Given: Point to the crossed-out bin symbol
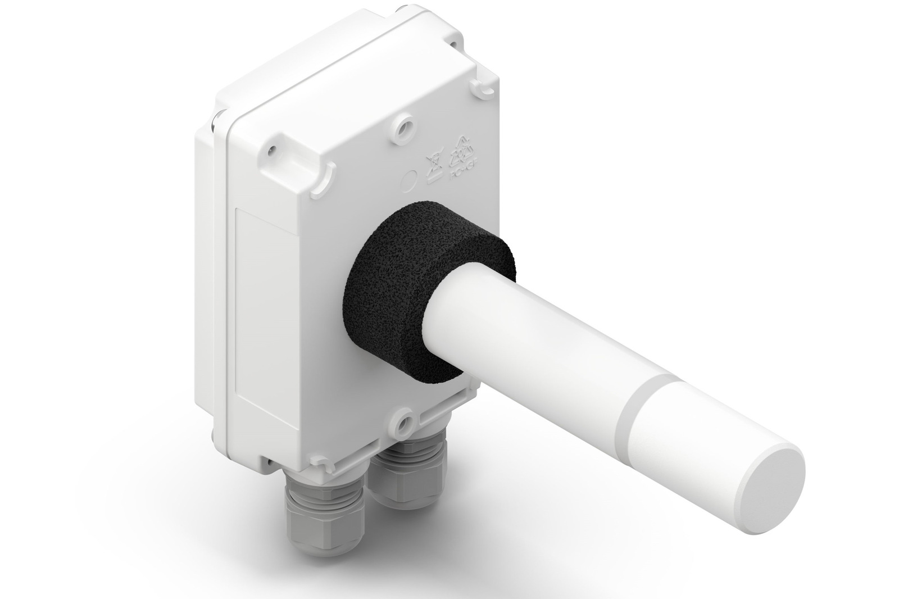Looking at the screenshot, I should click(x=434, y=166).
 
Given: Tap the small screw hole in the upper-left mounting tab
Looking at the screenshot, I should click(x=272, y=151).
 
